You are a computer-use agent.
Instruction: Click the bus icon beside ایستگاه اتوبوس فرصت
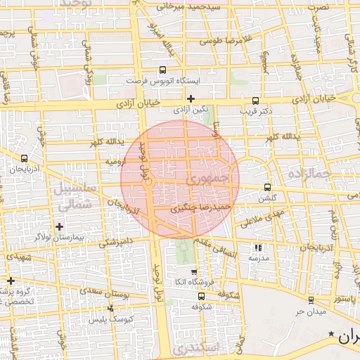163,70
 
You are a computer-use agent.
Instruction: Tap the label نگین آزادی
191,110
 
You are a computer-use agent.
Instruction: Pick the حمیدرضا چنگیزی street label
201,209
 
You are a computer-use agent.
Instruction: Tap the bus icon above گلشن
266,187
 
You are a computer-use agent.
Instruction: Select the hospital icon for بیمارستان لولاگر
59,226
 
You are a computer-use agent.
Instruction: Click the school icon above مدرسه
258,248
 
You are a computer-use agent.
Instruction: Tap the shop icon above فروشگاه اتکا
194,272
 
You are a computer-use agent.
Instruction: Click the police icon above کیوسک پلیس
110,309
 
